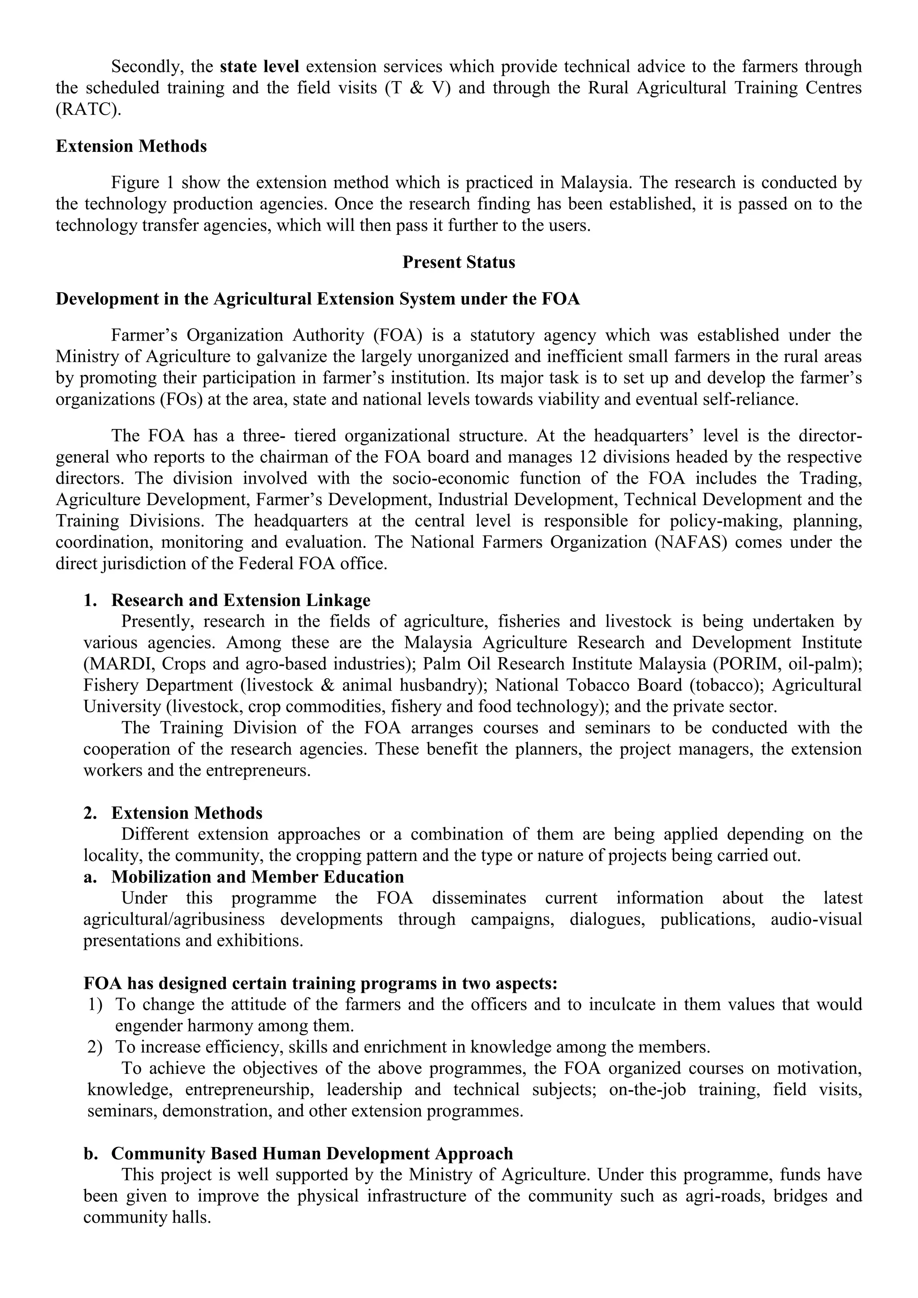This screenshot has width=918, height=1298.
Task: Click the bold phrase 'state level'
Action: [260, 67]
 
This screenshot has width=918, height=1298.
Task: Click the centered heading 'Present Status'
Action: [459, 262]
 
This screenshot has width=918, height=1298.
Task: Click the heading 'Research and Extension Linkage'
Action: [241, 601]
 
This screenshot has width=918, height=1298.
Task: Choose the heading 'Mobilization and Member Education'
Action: [257, 877]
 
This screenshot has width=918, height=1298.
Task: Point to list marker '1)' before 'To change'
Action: [95, 1004]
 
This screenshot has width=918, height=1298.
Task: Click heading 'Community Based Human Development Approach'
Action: [312, 1153]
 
